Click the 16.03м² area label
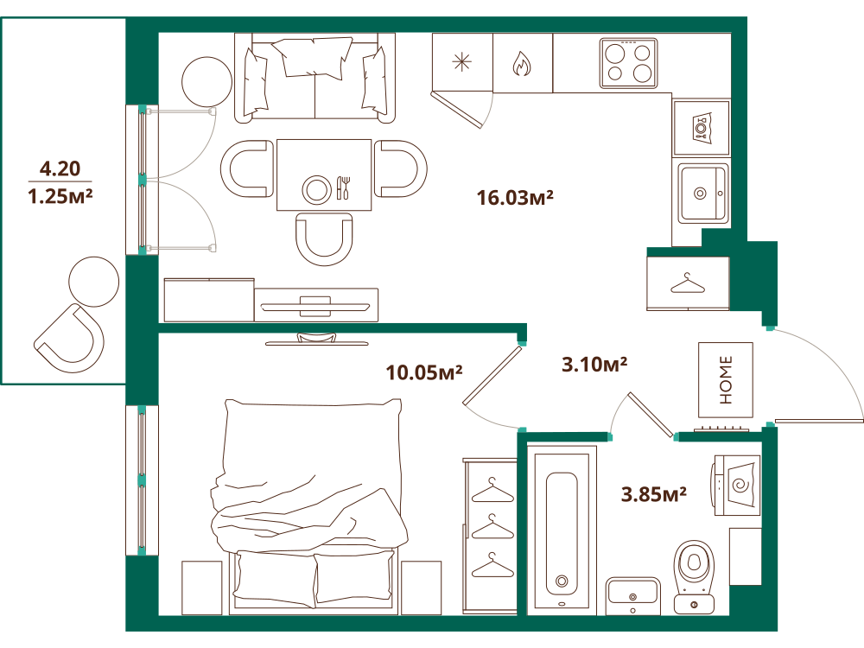pyautogui.click(x=515, y=197)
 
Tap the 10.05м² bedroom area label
pyautogui.click(x=423, y=372)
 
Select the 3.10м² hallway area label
pyautogui.click(x=594, y=365)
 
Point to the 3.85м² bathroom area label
pyautogui.click(x=653, y=494)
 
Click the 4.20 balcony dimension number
pyautogui.click(x=60, y=168)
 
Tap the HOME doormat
pyautogui.click(x=726, y=379)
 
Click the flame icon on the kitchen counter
pyautogui.click(x=521, y=63)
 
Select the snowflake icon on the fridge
pyautogui.click(x=461, y=62)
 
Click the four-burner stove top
pyautogui.click(x=629, y=63)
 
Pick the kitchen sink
pyautogui.click(x=702, y=193)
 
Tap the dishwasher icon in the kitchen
pyautogui.click(x=701, y=128)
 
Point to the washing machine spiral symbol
pyautogui.click(x=740, y=485)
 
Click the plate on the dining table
pyautogui.click(x=316, y=189)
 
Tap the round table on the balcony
pyautogui.click(x=93, y=282)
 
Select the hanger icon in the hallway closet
pyautogui.click(x=687, y=283)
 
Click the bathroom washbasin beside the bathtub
pyautogui.click(x=632, y=595)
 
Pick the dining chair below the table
pyautogui.click(x=324, y=239)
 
